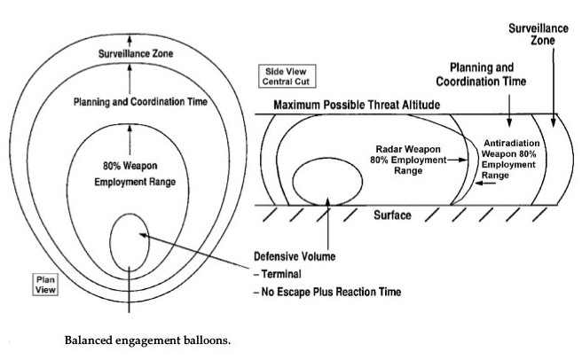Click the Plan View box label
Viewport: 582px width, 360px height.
[45, 285]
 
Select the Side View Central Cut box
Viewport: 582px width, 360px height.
[287, 76]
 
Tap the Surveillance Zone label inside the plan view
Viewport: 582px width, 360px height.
[136, 54]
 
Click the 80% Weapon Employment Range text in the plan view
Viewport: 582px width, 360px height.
[135, 174]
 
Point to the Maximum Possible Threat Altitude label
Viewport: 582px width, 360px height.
[357, 105]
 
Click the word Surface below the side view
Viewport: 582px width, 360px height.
[392, 215]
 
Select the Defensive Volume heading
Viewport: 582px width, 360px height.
[295, 256]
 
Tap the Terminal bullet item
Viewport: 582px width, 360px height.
[278, 274]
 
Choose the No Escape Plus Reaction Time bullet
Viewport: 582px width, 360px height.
[327, 292]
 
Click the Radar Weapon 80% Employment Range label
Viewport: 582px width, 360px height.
[408, 160]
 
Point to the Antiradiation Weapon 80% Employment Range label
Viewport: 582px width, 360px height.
[509, 159]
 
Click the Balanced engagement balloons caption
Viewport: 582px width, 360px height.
[147, 340]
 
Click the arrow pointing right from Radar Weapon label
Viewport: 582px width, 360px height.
[457, 160]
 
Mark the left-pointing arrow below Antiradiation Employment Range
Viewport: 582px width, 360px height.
[485, 183]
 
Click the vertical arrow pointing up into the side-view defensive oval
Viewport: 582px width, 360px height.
[327, 223]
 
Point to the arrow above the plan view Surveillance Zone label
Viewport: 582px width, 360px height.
[130, 41]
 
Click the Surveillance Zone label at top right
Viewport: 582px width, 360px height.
[539, 35]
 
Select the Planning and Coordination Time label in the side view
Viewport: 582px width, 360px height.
[481, 74]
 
